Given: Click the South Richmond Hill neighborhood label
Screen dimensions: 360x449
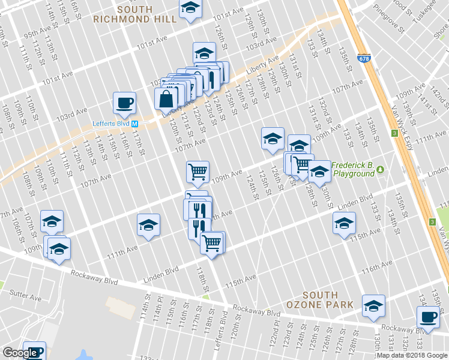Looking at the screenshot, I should (x=134, y=14).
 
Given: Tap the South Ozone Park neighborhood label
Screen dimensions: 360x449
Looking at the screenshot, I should (x=328, y=300).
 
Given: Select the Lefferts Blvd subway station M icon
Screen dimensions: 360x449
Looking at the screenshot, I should (x=135, y=124).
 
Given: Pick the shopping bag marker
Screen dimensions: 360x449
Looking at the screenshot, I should (x=166, y=98).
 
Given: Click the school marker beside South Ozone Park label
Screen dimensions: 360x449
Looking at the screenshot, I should (x=373, y=305).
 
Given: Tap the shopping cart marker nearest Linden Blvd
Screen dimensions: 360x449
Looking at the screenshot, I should (x=211, y=243).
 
